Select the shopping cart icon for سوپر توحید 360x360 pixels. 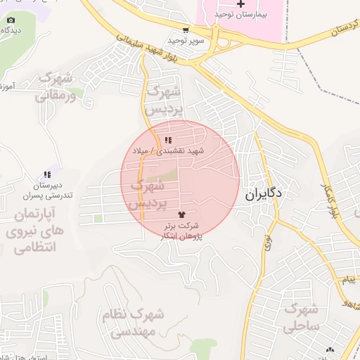[185, 30]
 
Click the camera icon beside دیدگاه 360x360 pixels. [11, 20]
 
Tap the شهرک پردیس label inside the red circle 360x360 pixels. [146, 195]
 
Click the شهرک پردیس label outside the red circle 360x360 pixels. [164, 101]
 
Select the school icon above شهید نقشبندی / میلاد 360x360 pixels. [168, 140]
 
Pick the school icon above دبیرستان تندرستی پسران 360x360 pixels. [47, 174]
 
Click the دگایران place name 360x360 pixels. [264, 195]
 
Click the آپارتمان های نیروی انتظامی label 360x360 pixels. [38, 229]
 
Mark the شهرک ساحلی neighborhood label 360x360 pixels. [302, 318]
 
